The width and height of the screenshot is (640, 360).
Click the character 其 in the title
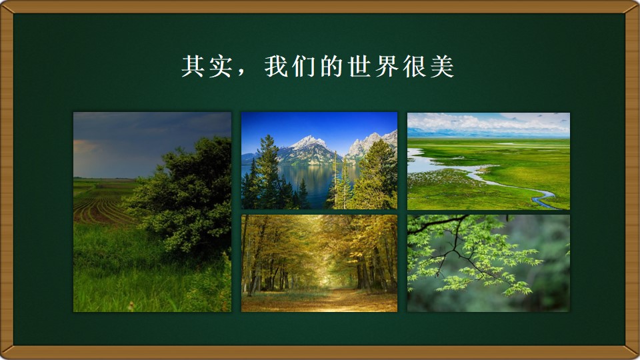[x=193, y=66]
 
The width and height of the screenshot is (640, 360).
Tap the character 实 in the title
[x=221, y=66]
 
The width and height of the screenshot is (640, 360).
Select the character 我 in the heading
[x=276, y=66]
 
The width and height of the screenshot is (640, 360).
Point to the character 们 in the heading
[x=304, y=66]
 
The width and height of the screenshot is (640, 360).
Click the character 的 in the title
[x=331, y=66]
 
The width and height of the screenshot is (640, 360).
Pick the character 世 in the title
[x=359, y=66]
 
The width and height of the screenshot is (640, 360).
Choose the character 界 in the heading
[x=387, y=66]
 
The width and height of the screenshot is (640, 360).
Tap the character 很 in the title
[x=415, y=66]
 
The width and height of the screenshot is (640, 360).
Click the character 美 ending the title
[x=443, y=66]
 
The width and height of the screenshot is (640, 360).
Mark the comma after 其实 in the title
[x=241, y=73]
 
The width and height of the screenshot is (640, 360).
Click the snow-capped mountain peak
[x=309, y=142]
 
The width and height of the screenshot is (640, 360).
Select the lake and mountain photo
[x=319, y=161]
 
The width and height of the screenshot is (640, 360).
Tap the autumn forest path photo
[x=319, y=263]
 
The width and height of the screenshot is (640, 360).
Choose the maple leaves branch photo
[x=489, y=263]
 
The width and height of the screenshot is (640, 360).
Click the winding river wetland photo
[x=489, y=161]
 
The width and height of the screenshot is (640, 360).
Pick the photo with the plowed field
[x=152, y=212]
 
